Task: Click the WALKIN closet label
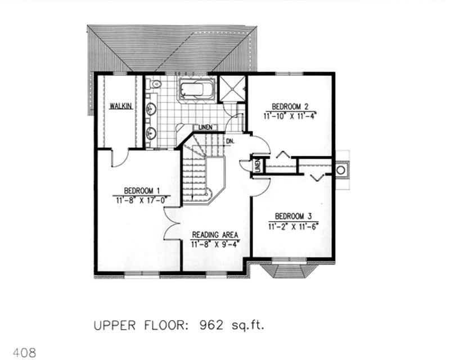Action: (121, 106)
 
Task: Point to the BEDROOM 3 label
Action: (294, 216)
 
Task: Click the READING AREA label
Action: (216, 235)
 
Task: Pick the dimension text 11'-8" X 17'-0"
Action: (141, 199)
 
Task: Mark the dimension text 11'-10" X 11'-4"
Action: (290, 116)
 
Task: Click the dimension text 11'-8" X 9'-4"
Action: (216, 244)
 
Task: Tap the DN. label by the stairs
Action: (230, 141)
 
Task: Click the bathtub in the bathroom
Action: (196, 90)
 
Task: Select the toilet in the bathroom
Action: (156, 85)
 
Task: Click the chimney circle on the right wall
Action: (341, 169)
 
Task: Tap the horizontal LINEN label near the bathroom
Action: (204, 128)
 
